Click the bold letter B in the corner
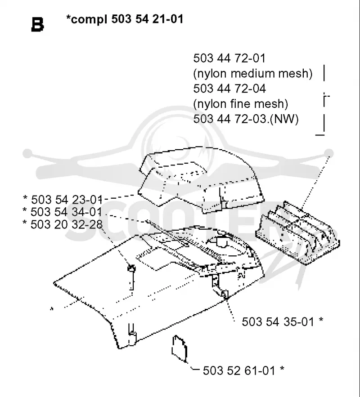click(37, 25)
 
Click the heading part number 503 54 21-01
click(147, 19)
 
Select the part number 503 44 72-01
click(229, 58)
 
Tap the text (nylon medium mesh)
click(252, 74)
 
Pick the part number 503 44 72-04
click(229, 89)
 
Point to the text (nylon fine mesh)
click(240, 104)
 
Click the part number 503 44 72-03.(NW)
click(246, 119)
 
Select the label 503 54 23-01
click(67, 200)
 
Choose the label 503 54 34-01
click(66, 212)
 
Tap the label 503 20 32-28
click(67, 224)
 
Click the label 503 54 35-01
click(278, 322)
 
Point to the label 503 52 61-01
click(239, 370)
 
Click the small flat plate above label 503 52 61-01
click(180, 348)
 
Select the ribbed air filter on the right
click(298, 232)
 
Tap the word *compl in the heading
click(86, 19)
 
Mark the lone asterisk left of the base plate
click(52, 309)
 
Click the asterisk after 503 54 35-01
click(321, 320)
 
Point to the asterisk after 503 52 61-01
click(282, 368)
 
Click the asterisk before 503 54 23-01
click(25, 197)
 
